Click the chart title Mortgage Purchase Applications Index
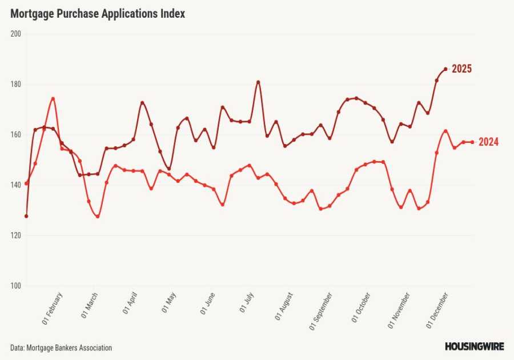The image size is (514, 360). click(98, 14)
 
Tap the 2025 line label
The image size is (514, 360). click(461, 69)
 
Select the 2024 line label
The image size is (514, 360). click(488, 142)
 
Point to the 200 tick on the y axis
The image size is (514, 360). click(15, 34)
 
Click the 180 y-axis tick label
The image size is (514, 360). click(15, 85)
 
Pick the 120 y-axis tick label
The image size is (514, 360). click(15, 235)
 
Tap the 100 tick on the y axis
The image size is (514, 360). click(15, 286)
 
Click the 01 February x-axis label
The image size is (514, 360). click(53, 309)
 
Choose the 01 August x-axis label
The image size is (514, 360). click(284, 306)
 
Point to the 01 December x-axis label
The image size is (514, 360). click(438, 309)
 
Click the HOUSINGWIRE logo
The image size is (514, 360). click(474, 346)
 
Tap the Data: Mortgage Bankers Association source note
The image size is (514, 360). click(61, 347)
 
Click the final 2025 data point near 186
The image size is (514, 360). click(445, 69)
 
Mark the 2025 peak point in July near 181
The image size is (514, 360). click(258, 82)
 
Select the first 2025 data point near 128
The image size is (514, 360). click(26, 216)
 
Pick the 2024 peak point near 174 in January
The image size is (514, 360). click(53, 99)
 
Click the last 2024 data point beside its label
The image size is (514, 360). click(472, 142)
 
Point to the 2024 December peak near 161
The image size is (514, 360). click(445, 131)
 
